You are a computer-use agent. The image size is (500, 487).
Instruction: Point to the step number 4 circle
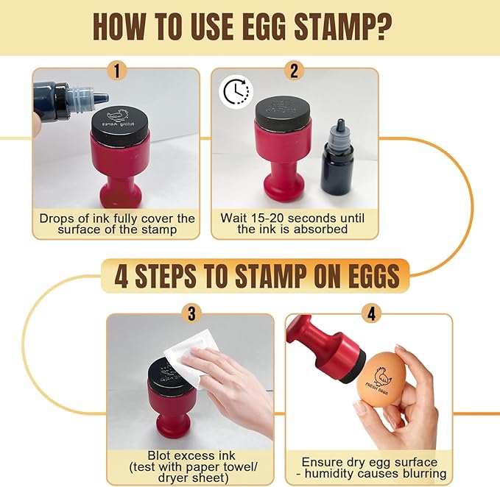[x=370, y=314]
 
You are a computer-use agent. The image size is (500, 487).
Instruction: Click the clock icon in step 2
[x=236, y=93]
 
